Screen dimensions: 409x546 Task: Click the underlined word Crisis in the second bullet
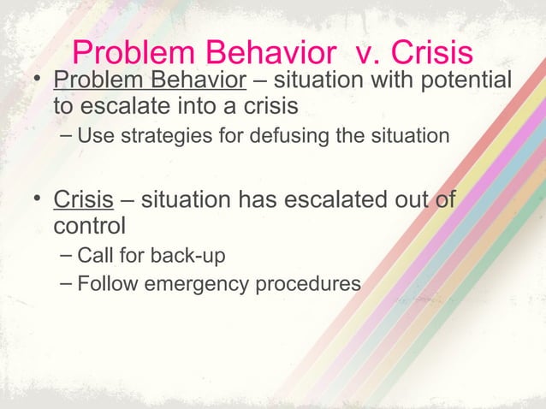pyautogui.click(x=84, y=201)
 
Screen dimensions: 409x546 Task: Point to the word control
pyautogui.click(x=89, y=227)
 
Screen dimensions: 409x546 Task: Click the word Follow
pyautogui.click(x=102, y=282)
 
